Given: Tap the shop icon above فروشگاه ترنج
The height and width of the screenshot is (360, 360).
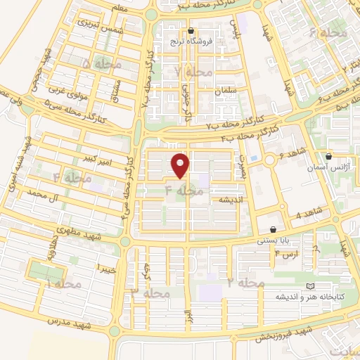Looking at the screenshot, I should [191, 31].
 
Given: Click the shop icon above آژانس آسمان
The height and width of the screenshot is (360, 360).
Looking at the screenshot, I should [329, 156].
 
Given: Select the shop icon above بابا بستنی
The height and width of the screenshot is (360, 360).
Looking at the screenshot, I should [274, 229].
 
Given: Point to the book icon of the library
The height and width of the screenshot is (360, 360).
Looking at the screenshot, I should [310, 286].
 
